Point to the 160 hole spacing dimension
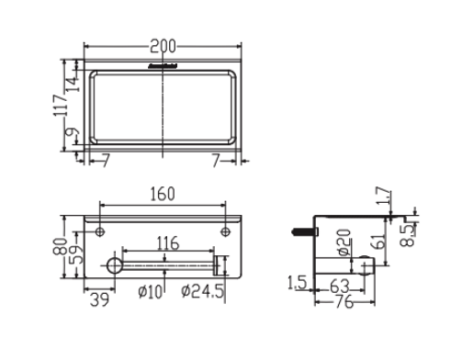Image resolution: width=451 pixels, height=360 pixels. click(x=163, y=195)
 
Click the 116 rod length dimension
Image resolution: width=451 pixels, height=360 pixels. click(x=166, y=243)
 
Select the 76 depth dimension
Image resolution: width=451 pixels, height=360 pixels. click(x=343, y=303)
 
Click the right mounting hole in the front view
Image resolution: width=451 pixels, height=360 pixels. click(x=225, y=231)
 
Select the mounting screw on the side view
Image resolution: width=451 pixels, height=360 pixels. click(x=302, y=231)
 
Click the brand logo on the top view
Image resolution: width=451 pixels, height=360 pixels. click(x=163, y=66)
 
